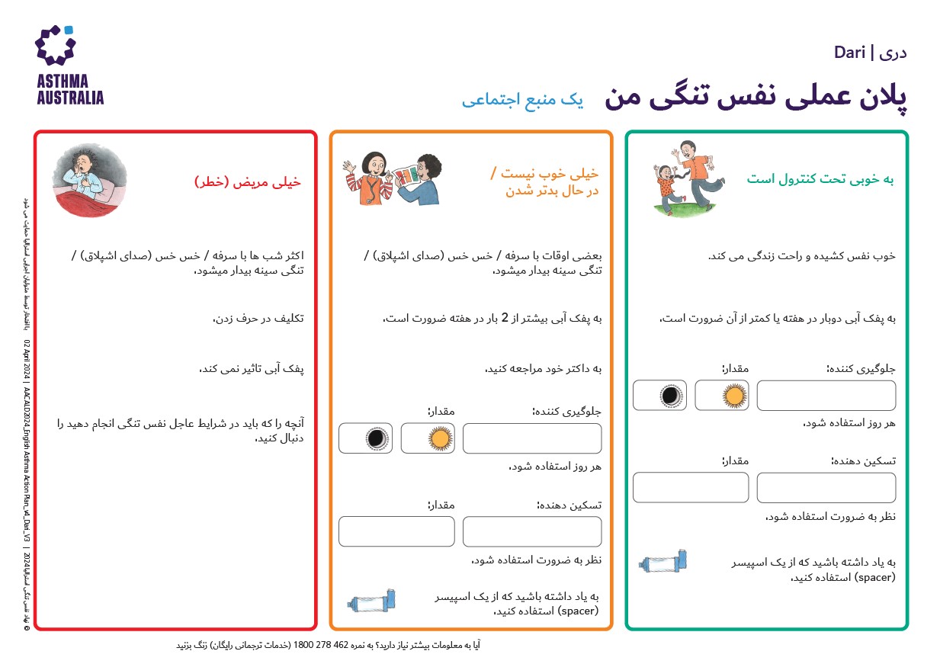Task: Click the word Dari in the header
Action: point(849,53)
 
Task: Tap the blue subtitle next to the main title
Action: point(522,100)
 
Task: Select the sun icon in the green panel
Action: point(721,395)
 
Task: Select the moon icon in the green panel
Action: point(659,395)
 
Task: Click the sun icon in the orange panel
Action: point(428,438)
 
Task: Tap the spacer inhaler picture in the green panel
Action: point(666,562)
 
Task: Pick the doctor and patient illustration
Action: point(391,178)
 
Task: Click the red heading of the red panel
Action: point(248,183)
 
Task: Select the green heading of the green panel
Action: point(820,179)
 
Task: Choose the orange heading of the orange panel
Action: point(546,182)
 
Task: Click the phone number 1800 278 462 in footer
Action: point(328,645)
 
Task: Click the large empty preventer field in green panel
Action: point(826,395)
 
